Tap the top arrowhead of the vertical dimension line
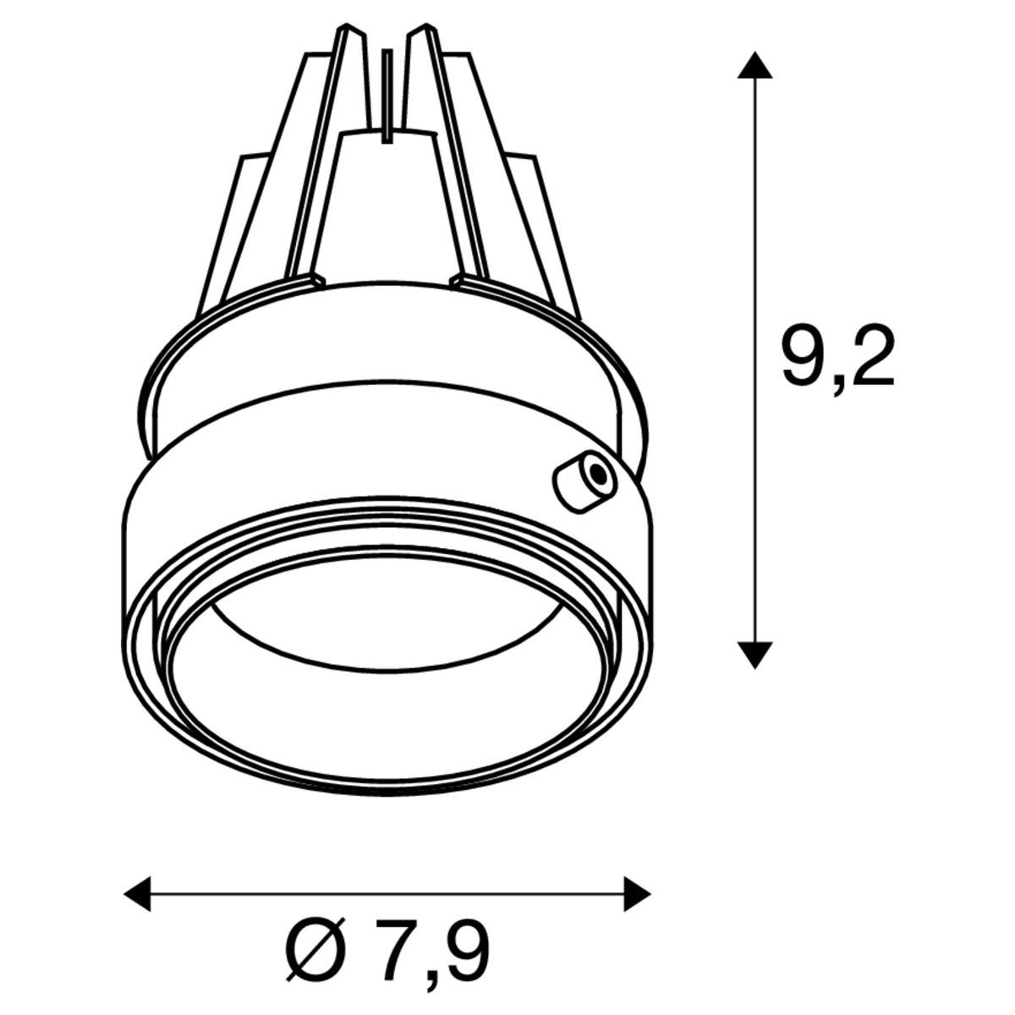click(x=754, y=65)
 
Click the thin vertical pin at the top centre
click(x=387, y=96)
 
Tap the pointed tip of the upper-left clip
click(x=346, y=25)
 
